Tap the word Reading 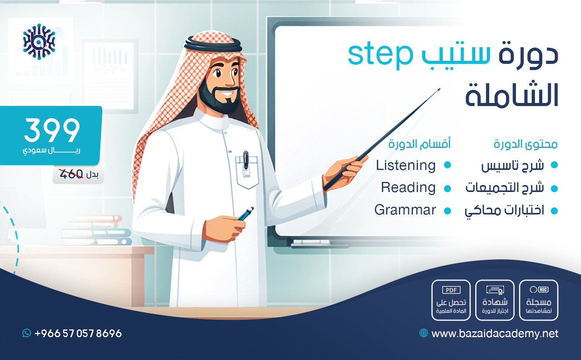[x=408, y=188]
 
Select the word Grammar [x=405, y=210]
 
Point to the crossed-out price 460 [x=71, y=174]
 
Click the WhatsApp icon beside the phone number [x=26, y=333]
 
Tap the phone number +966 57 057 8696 [x=78, y=333]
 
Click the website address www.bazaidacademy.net [x=495, y=334]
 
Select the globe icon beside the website [x=424, y=333]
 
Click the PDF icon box [x=451, y=290]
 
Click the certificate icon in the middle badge [x=495, y=290]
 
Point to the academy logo [x=39, y=42]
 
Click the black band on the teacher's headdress [x=213, y=45]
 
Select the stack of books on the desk [x=96, y=230]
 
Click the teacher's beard [x=219, y=100]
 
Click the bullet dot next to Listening [x=447, y=165]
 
